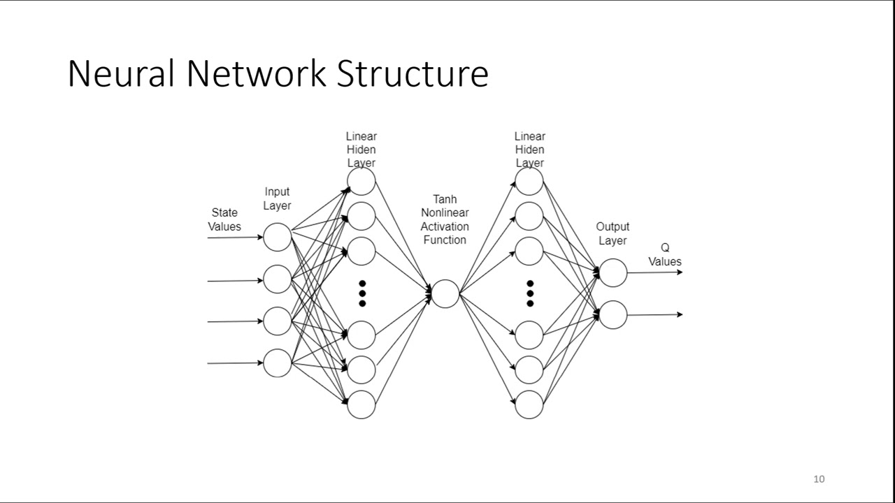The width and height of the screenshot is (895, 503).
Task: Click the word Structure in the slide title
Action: point(412,74)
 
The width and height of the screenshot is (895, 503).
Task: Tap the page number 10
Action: point(819,479)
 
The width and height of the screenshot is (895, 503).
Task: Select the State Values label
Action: point(224,219)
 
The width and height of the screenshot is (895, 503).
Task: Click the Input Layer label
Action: point(277,198)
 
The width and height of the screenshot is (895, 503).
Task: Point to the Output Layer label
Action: point(613,233)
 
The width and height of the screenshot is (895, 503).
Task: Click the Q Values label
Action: point(664,255)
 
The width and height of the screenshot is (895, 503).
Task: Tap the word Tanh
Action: point(445,200)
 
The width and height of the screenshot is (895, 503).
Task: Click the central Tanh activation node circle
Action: point(445,293)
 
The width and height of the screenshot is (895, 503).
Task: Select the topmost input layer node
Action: point(278,238)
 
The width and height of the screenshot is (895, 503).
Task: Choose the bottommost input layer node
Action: point(278,363)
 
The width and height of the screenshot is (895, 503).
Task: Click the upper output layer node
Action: point(613,272)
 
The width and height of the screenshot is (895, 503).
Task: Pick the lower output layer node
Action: point(613,314)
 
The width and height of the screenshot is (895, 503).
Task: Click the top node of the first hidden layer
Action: point(361,182)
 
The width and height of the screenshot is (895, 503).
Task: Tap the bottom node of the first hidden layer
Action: point(361,404)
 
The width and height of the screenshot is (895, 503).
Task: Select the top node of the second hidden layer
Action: point(529,182)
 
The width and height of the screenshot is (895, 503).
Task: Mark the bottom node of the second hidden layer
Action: point(529,404)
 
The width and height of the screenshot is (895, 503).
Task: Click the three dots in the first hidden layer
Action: point(362,293)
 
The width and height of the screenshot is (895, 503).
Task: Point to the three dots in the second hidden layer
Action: point(530,293)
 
